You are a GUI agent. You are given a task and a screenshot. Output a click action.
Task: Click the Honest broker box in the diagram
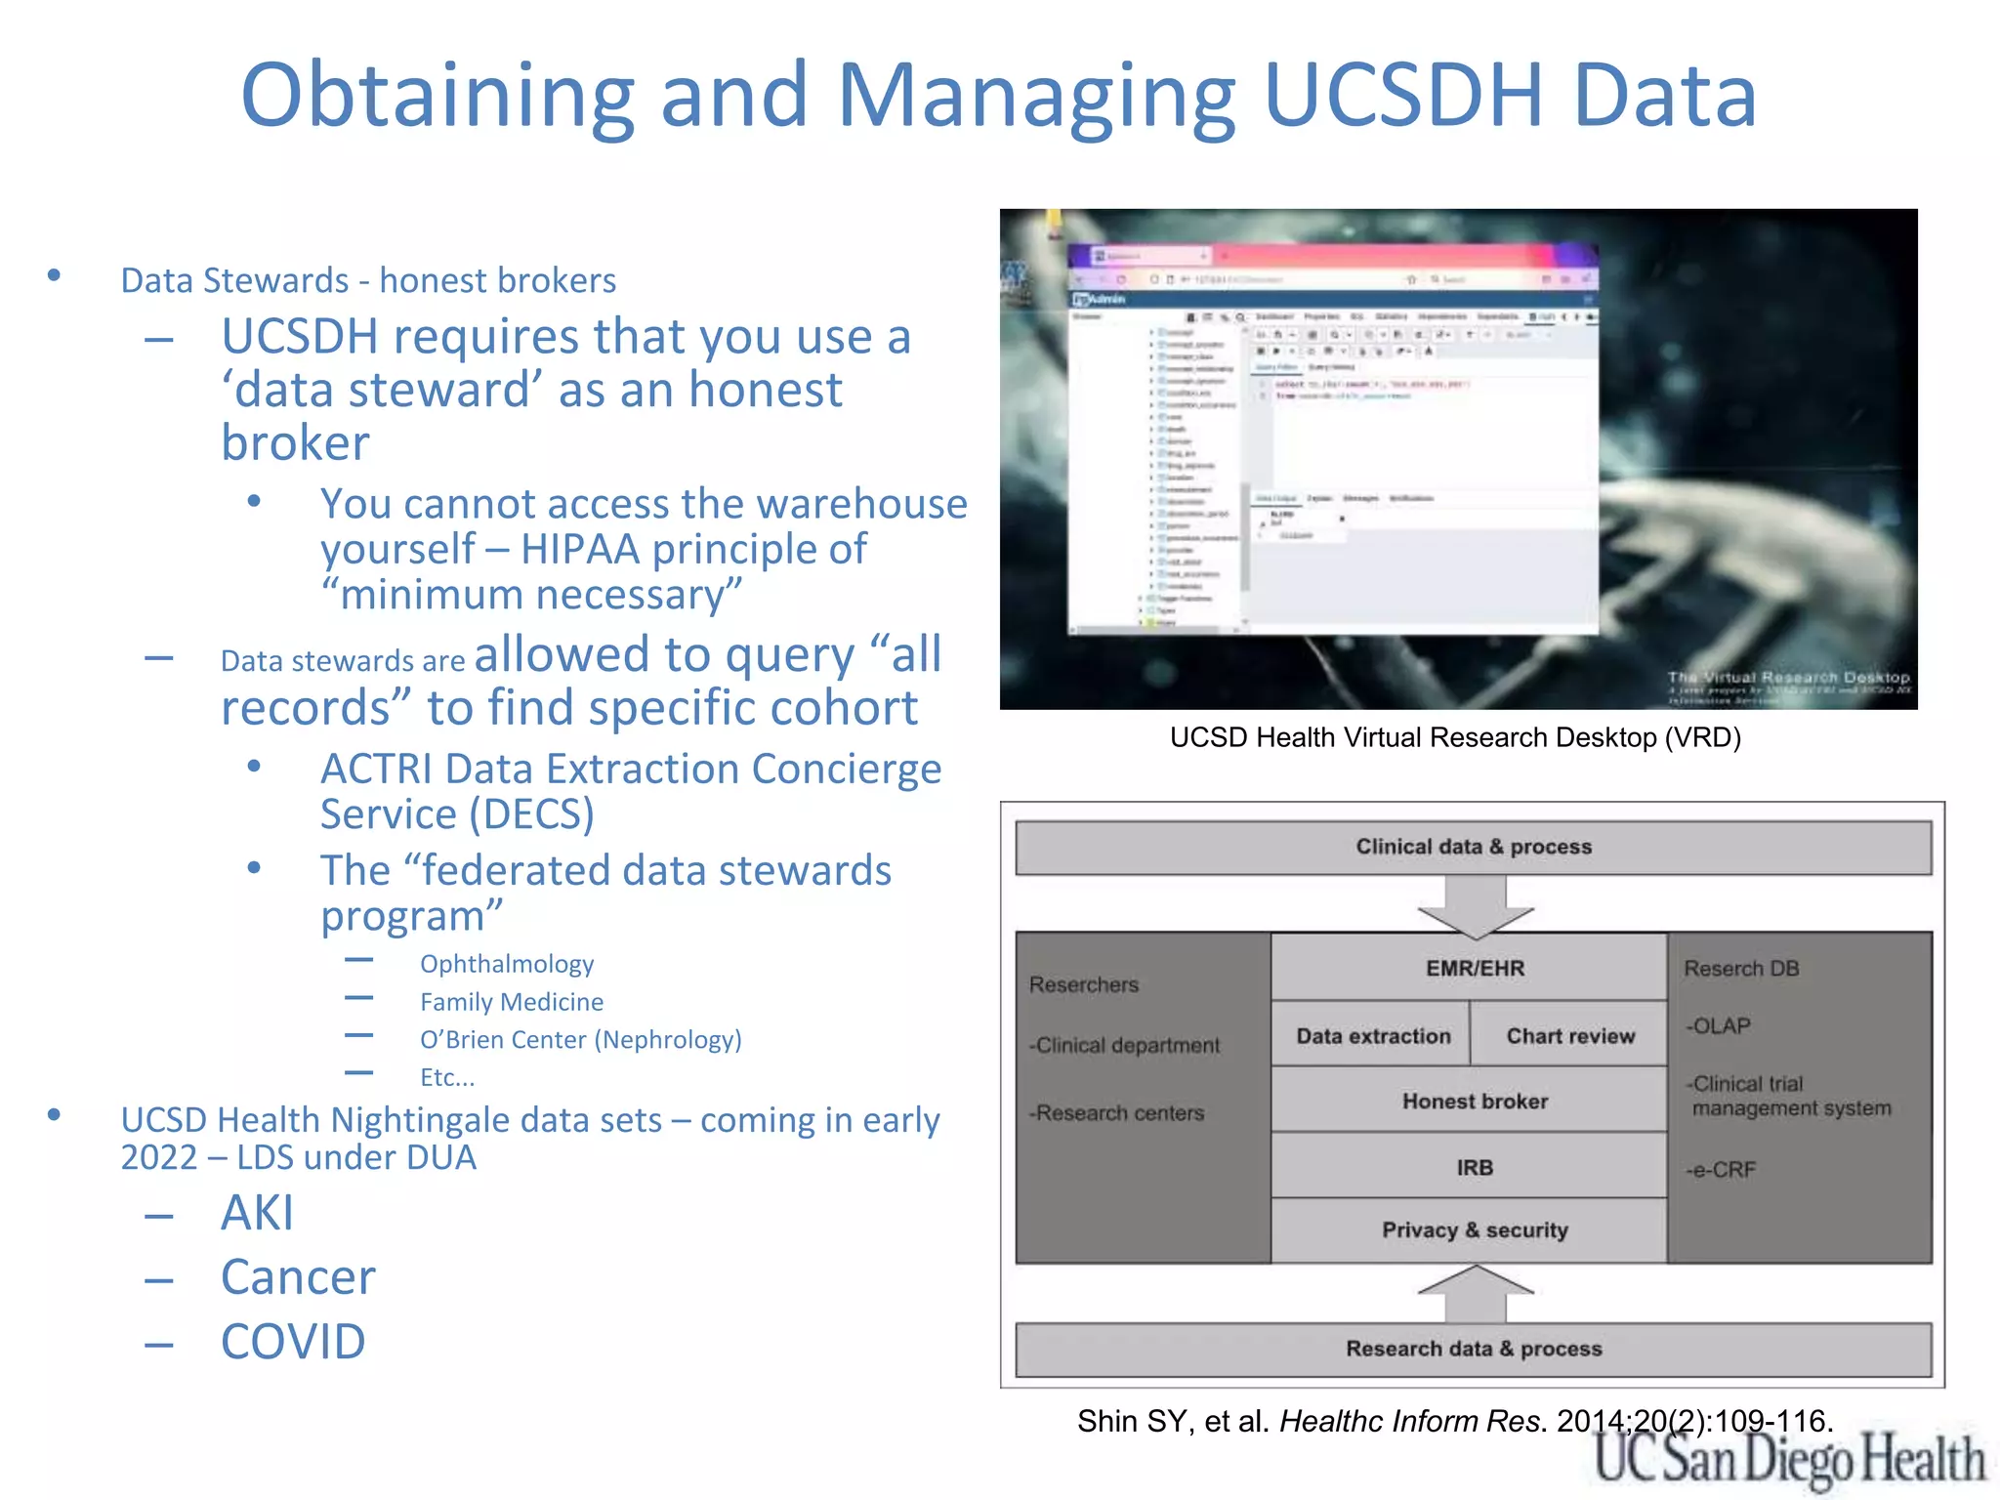pos(1475,1101)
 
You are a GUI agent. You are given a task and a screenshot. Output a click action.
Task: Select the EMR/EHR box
pos(1475,968)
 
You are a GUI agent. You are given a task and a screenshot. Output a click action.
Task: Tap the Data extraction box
pos(1373,1035)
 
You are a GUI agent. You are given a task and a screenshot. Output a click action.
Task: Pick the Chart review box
pos(1569,1035)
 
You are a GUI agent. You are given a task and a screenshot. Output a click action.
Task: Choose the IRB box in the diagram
pos(1475,1167)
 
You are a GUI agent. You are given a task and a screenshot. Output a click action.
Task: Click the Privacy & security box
pos(1475,1229)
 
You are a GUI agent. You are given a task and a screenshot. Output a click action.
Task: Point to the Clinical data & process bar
pos(1473,847)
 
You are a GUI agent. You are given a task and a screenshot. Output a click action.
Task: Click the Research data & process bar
pos(1473,1349)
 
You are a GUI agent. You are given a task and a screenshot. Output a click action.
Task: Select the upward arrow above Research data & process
pos(1475,1293)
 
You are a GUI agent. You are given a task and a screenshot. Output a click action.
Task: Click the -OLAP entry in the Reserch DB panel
pos(1718,1025)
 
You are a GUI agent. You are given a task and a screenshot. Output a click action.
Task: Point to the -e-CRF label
pos(1721,1169)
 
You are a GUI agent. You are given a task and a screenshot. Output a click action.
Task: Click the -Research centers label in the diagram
pos(1117,1112)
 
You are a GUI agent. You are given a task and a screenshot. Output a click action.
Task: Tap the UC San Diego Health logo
pos(1788,1460)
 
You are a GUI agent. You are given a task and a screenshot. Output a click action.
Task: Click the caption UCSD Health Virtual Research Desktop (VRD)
pos(1455,737)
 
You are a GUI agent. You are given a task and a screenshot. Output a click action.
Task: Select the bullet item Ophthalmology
pos(507,964)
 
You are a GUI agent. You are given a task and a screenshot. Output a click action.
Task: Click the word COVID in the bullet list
pos(293,1341)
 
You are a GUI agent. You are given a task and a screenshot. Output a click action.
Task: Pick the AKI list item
pos(257,1213)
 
